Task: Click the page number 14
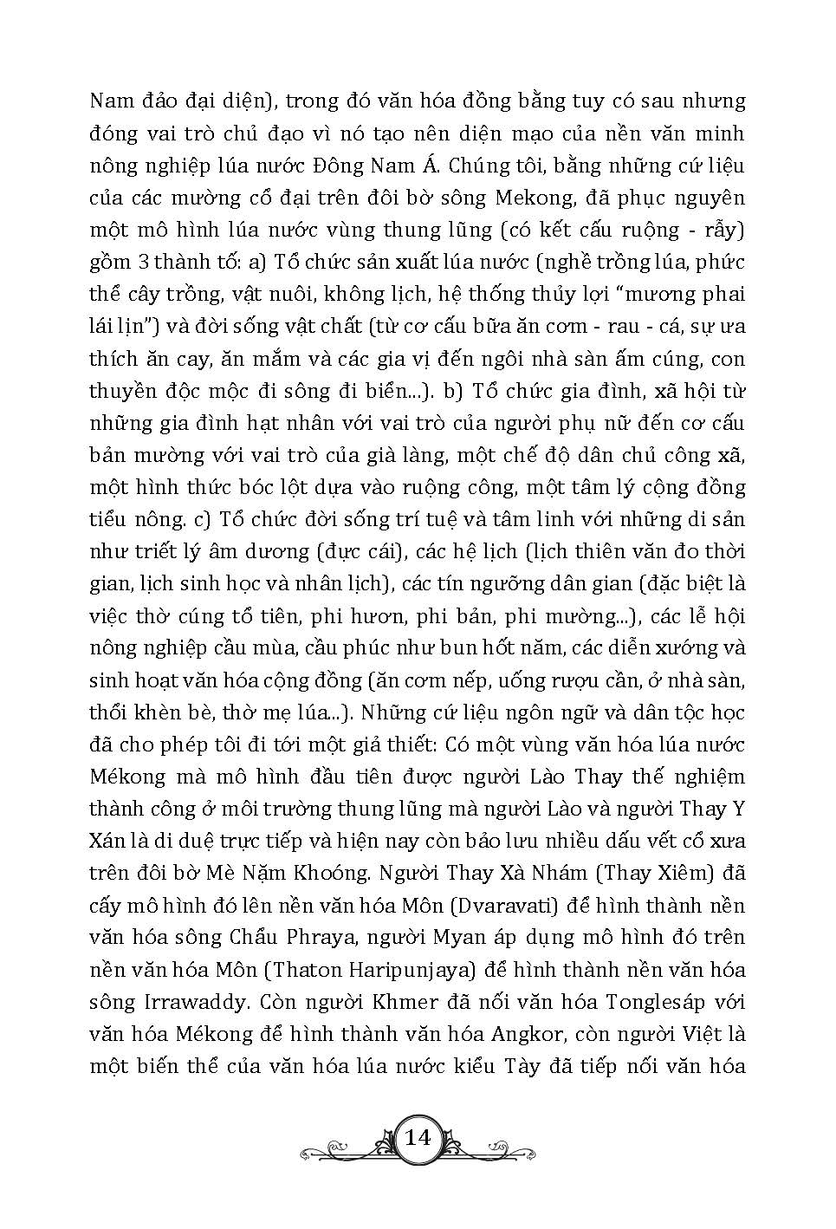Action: [x=418, y=1137]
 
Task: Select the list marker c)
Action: [x=202, y=520]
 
